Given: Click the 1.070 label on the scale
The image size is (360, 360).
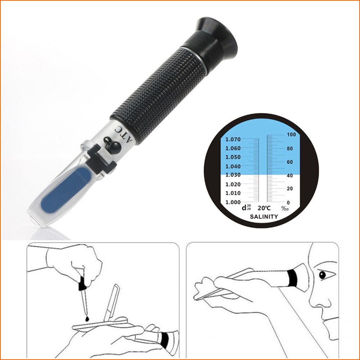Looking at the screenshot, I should point(233,139).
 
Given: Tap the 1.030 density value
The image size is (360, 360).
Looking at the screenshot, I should point(233,175).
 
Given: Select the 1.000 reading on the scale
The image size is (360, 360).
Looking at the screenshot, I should point(233,202).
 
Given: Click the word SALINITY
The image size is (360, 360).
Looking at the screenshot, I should point(264,217).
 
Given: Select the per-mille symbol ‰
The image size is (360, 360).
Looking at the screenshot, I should point(285,208).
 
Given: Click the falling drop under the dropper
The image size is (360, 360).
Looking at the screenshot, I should point(86,319).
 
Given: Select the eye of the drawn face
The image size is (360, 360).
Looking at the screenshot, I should point(321,275).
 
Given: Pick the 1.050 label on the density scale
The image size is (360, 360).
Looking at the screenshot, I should point(233,157).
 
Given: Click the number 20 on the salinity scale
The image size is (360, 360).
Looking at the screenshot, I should point(289,189).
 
